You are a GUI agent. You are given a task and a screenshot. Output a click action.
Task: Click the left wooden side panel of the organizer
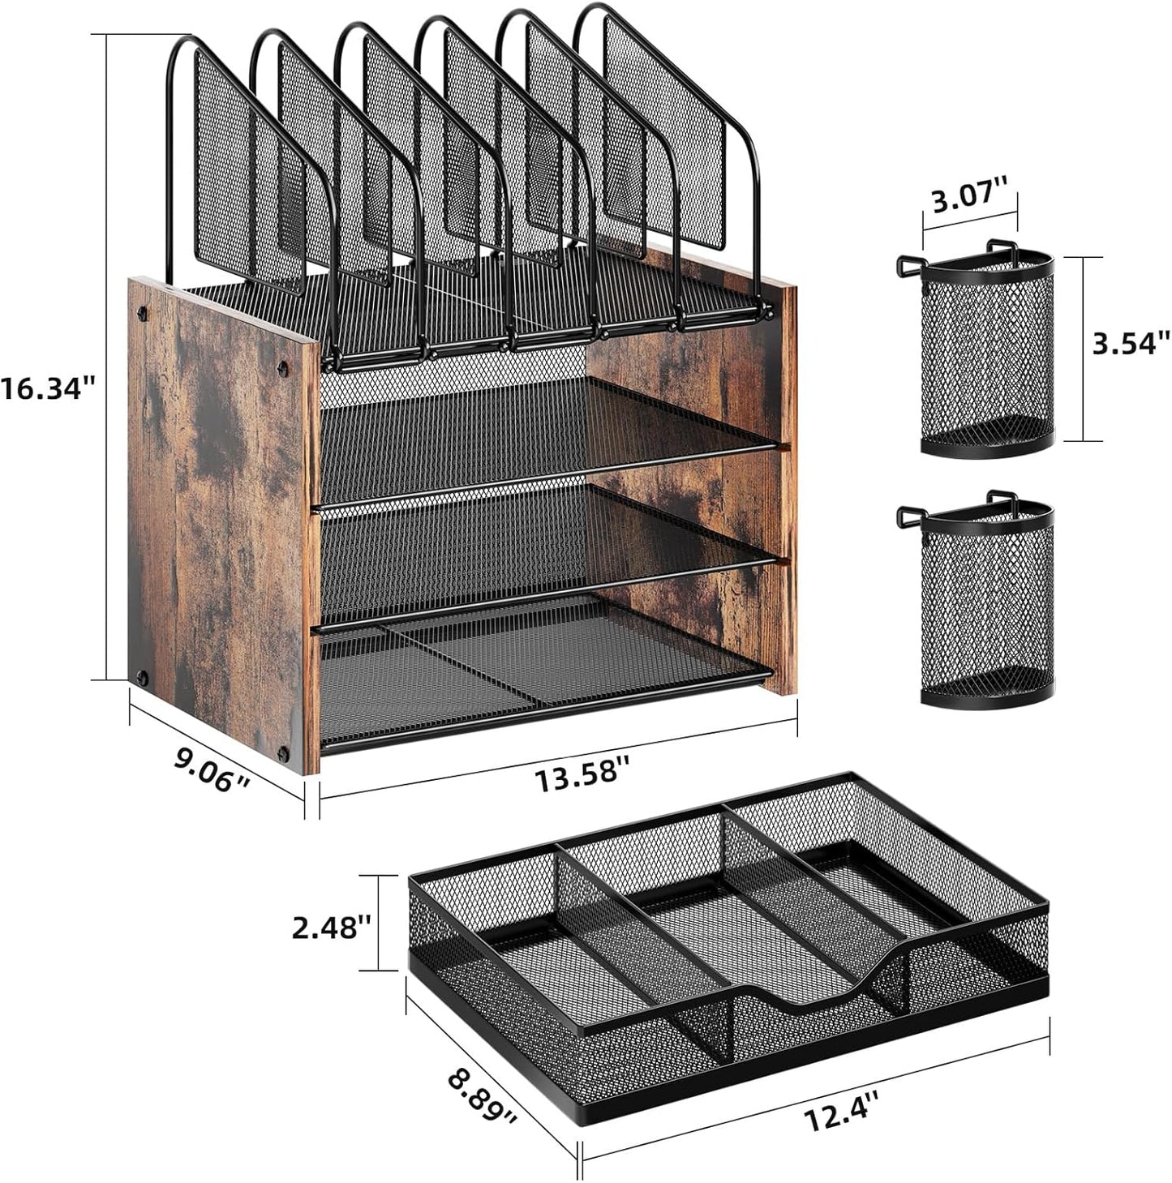coord(219,519)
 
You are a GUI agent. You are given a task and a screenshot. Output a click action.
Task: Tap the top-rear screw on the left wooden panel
coord(144,311)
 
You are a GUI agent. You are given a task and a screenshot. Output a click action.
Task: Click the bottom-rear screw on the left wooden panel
coord(144,675)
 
